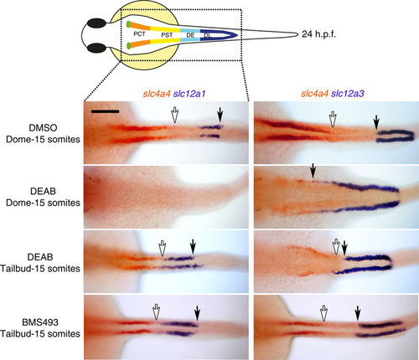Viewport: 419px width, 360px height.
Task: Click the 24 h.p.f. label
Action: [x=318, y=34]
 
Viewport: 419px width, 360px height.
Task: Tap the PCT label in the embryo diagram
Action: [x=139, y=34]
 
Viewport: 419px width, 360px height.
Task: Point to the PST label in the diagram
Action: [x=167, y=35]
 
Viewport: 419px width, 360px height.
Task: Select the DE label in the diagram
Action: [x=190, y=35]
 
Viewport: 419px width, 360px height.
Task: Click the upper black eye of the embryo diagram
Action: [x=97, y=23]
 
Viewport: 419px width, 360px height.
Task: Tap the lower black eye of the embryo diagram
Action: [x=97, y=48]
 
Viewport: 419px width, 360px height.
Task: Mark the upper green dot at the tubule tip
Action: [x=128, y=24]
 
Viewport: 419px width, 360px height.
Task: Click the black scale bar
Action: [x=105, y=111]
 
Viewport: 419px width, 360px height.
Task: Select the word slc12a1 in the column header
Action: [x=189, y=94]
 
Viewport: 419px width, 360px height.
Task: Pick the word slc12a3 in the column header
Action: [x=348, y=94]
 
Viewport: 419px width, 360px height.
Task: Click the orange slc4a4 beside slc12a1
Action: [x=157, y=94]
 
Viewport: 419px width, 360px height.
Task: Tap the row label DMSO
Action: [x=43, y=128]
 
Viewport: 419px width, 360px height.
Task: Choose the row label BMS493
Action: [x=40, y=322]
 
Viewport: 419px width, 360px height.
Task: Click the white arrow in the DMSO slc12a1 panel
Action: [x=174, y=115]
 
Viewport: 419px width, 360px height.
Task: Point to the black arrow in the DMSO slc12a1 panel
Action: [x=220, y=115]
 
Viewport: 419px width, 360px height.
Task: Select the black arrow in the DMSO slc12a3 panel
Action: [x=376, y=122]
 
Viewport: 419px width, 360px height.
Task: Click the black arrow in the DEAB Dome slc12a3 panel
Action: [x=313, y=171]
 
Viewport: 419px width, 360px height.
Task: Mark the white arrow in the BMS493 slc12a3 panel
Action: [x=323, y=313]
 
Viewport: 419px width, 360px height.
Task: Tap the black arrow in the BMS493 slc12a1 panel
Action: [x=198, y=313]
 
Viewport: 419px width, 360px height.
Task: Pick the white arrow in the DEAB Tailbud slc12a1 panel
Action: [x=162, y=248]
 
